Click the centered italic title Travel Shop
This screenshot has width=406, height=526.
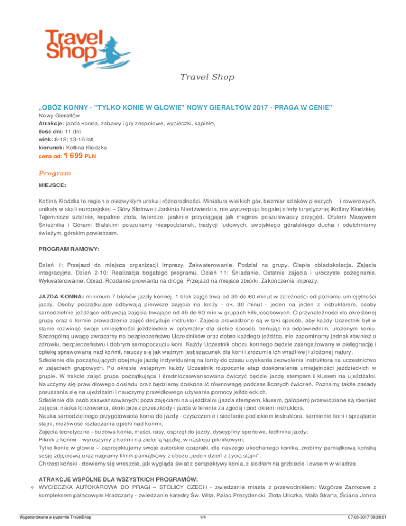(x=203, y=79)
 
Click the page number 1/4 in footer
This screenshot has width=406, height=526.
(x=203, y=518)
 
